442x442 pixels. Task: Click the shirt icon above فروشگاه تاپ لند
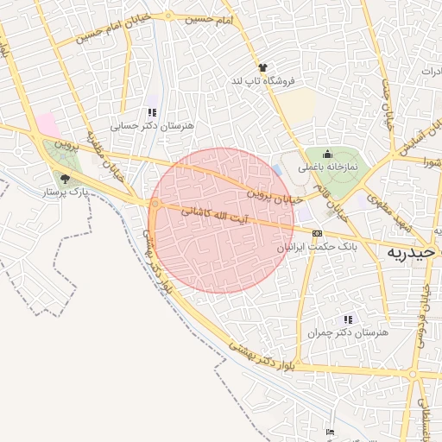262,67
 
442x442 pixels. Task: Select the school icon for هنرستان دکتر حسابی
153,112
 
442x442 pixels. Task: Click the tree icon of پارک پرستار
65,179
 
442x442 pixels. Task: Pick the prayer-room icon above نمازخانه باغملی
328,154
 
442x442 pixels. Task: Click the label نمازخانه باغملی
327,167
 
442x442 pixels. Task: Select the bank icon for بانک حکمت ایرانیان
317,233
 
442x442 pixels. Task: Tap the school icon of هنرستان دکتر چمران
348,319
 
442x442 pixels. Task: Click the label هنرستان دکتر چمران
348,332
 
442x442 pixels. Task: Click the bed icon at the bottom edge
330,432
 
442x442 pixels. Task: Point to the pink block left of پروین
45,123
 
